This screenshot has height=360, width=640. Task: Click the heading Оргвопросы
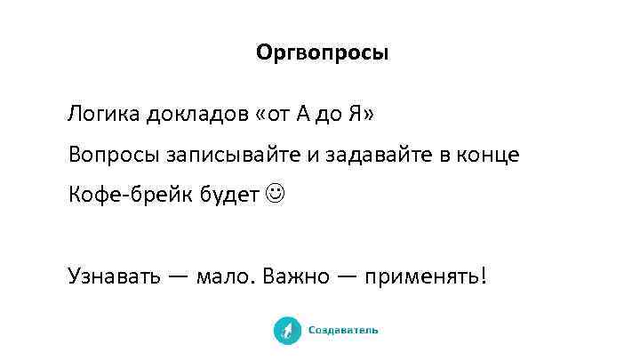322,53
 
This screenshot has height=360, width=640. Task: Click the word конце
488,156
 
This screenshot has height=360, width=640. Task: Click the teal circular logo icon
287,330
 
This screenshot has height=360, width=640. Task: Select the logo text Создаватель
343,331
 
